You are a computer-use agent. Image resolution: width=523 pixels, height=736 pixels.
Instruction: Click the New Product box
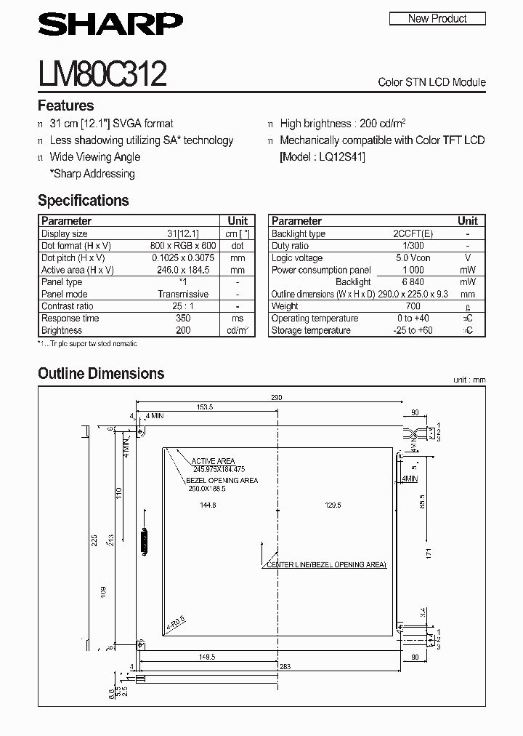(437, 18)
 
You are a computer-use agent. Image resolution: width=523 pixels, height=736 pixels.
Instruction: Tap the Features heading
(65, 105)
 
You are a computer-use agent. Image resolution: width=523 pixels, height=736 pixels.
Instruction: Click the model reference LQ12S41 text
(323, 156)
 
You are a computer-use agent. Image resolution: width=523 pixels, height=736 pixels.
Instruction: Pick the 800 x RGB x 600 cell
(183, 246)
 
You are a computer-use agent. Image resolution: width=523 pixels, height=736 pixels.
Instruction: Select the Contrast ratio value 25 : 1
(183, 306)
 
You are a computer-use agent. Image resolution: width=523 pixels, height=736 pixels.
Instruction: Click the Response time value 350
(183, 318)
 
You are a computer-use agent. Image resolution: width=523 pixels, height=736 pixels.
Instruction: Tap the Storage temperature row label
(311, 330)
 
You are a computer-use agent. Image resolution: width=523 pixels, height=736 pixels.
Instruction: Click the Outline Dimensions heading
(101, 374)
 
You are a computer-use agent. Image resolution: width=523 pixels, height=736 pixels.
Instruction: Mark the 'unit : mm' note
(469, 380)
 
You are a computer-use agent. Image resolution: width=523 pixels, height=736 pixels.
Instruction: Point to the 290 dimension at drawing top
(277, 398)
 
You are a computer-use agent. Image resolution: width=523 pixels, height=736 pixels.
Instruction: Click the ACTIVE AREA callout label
(213, 461)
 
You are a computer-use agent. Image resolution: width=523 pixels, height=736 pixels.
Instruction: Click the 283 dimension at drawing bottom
(285, 666)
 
